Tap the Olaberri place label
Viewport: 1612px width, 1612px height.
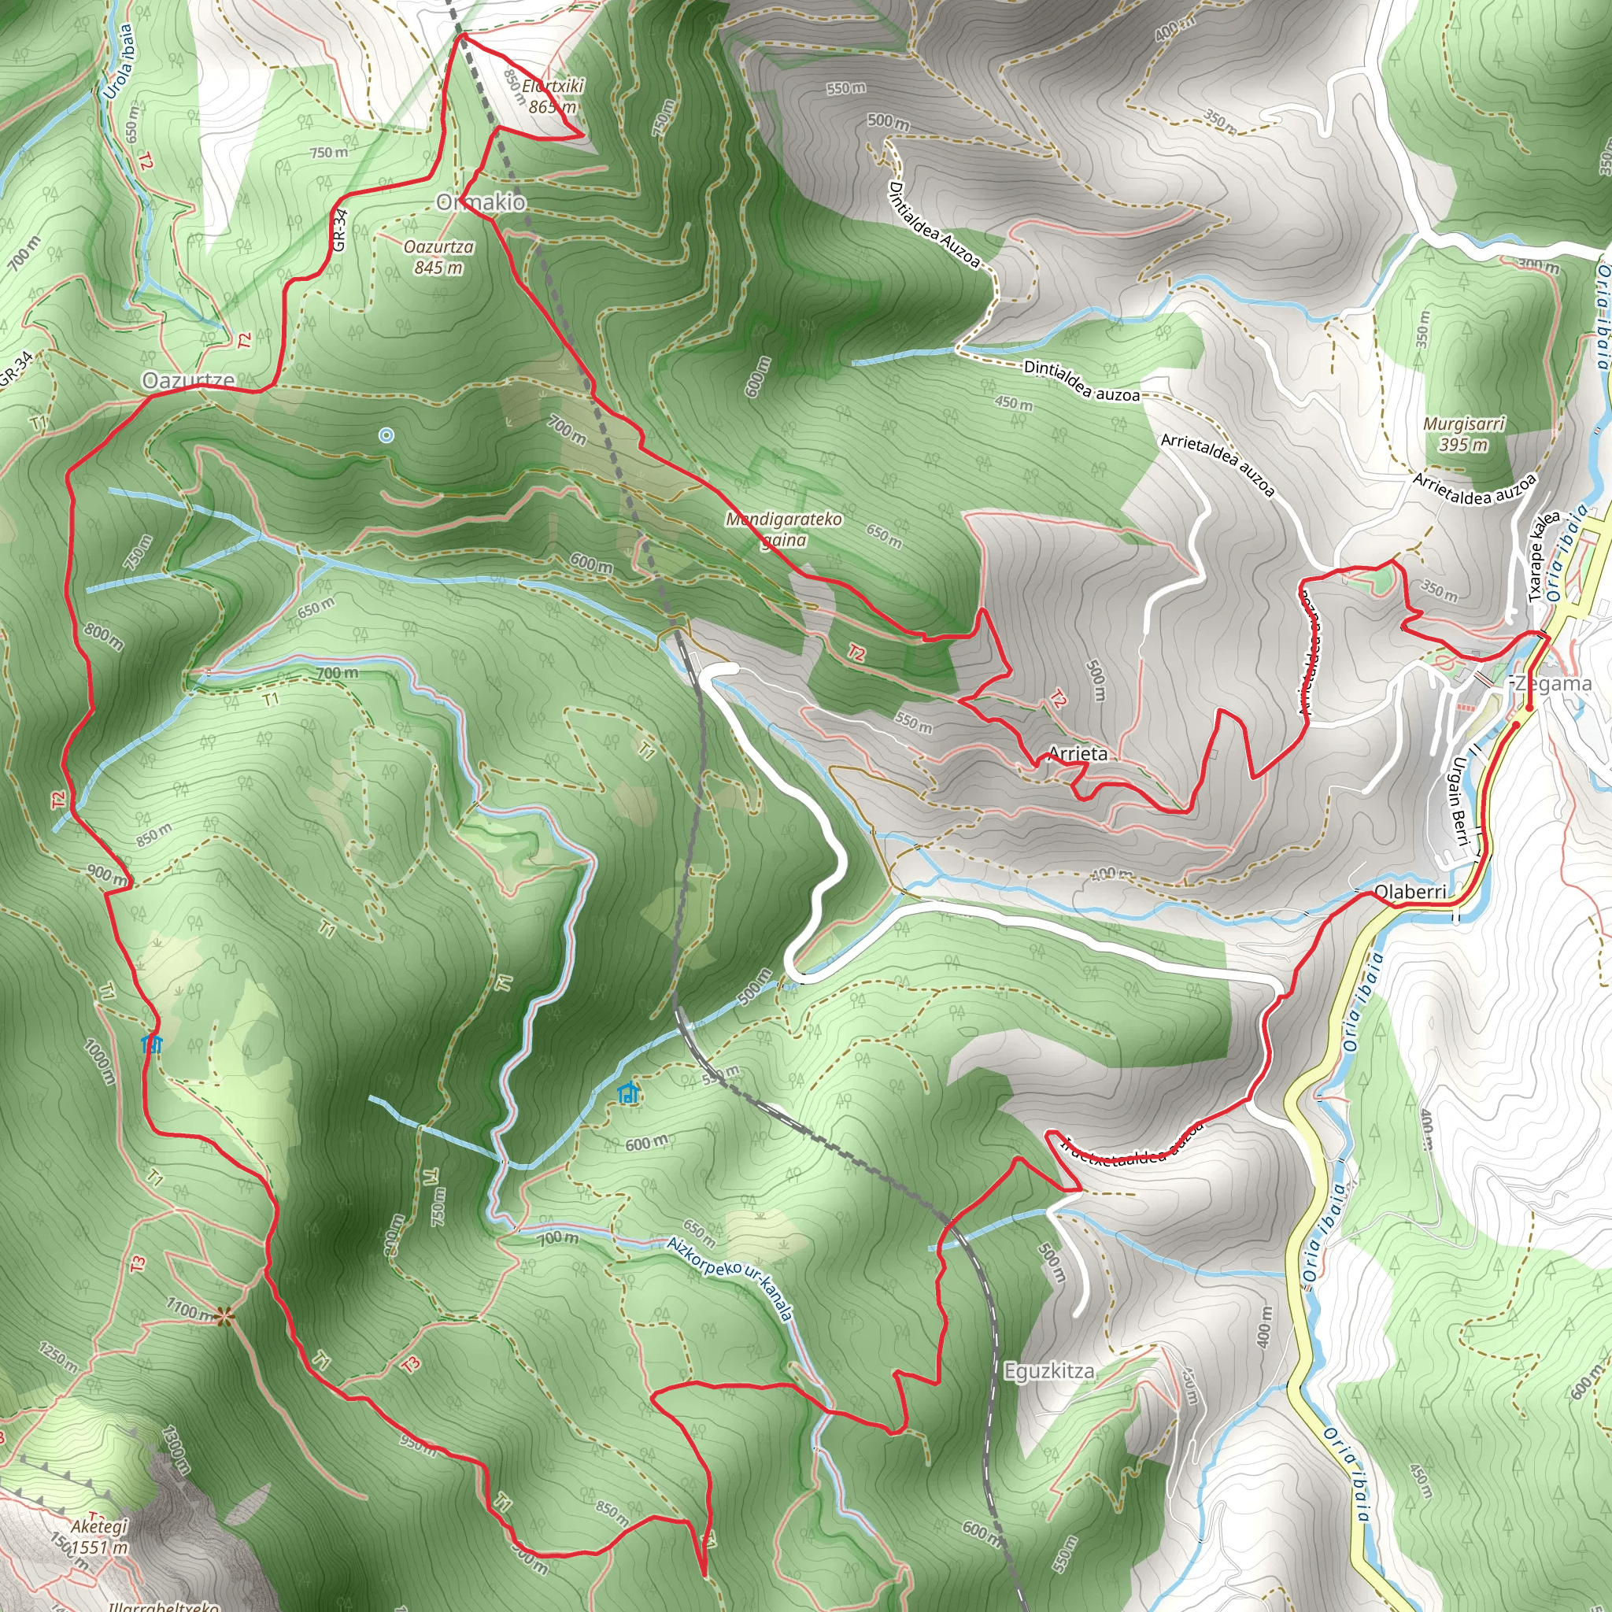click(1410, 892)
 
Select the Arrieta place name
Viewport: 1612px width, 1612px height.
click(1078, 753)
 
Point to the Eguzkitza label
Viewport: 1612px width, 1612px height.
click(1048, 1371)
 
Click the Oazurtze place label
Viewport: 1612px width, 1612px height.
click(188, 380)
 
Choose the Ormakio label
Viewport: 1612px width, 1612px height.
click(482, 202)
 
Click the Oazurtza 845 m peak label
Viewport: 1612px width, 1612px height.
click(439, 257)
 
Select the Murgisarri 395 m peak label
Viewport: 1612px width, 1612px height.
click(1463, 434)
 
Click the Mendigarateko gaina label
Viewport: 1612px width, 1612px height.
click(783, 529)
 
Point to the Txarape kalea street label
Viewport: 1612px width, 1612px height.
click(1544, 556)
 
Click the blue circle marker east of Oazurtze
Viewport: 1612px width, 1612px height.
click(386, 434)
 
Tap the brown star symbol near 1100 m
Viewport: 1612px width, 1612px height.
click(223, 1317)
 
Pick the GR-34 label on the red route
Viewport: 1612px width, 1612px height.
click(338, 231)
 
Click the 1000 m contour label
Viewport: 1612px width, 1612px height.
click(98, 1060)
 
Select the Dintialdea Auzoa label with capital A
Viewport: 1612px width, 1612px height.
click(934, 224)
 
